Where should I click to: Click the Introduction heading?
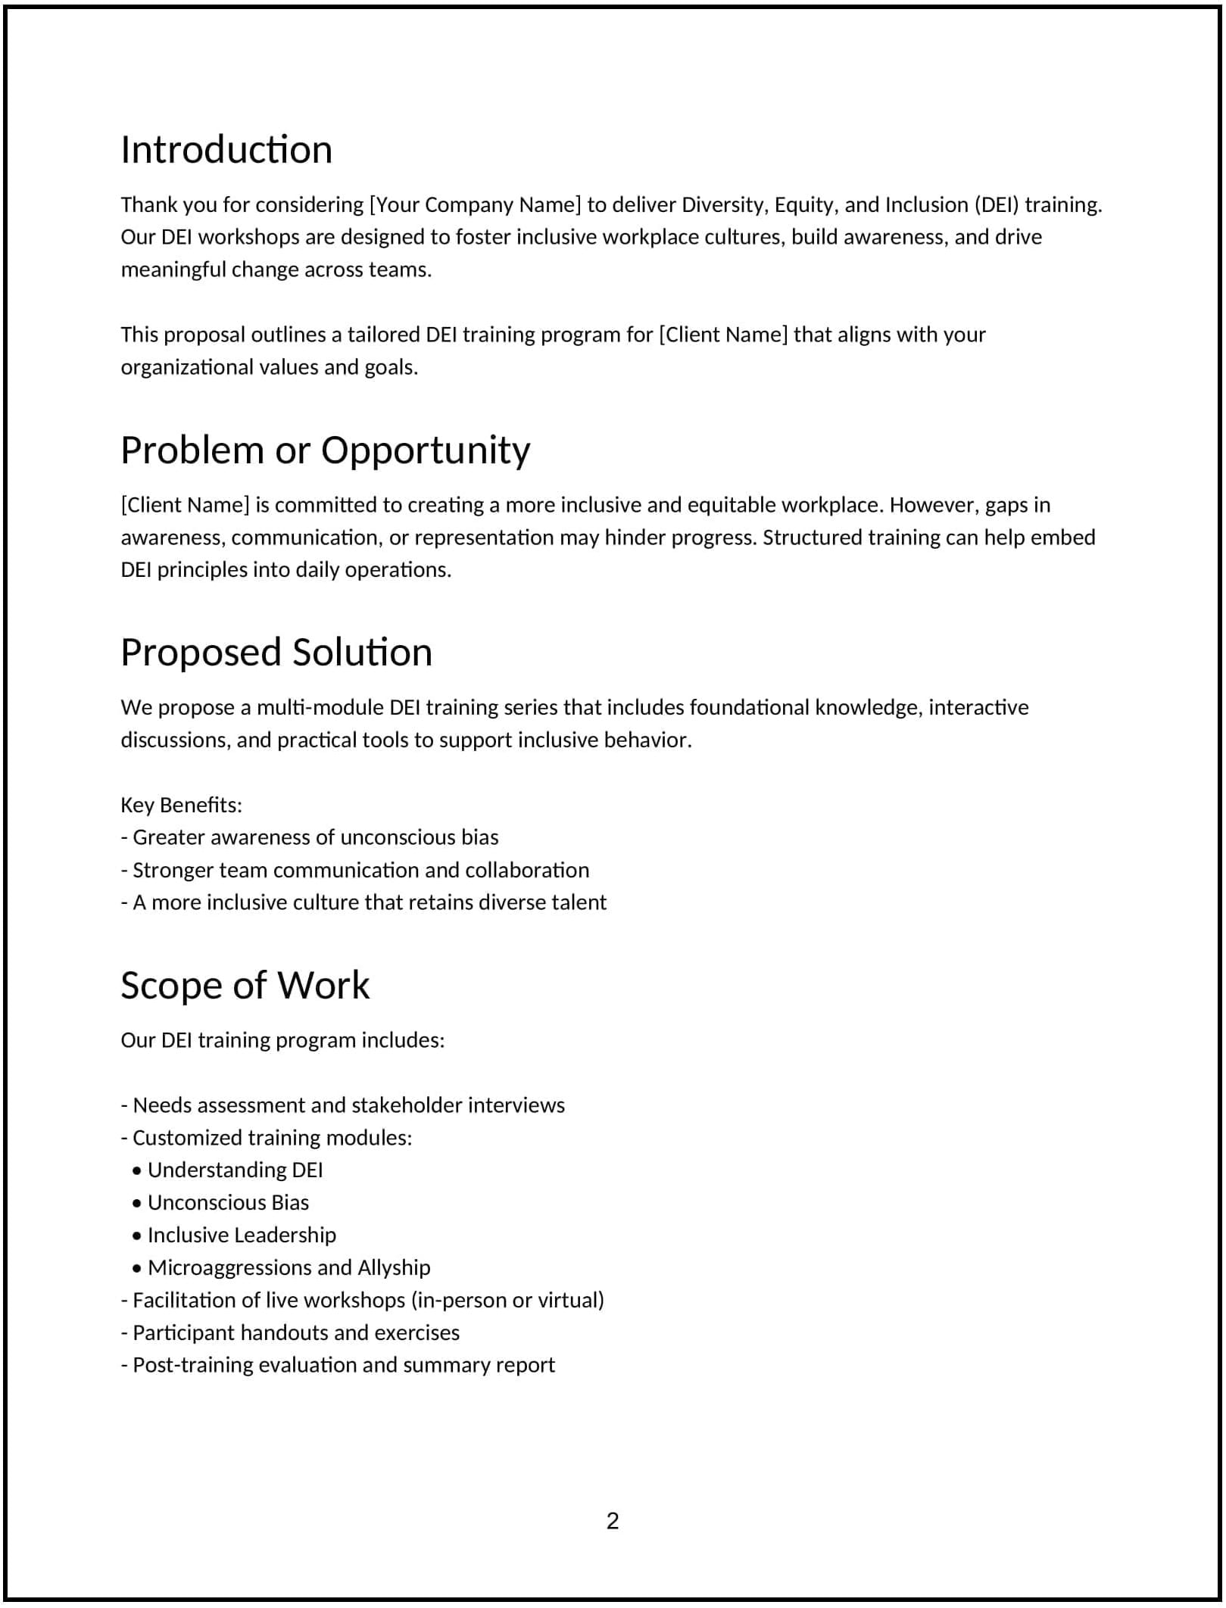tap(226, 149)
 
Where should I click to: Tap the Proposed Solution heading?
tap(276, 652)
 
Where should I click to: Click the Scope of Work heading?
tap(245, 985)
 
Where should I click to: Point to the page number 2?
tap(613, 1521)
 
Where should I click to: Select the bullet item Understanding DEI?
tap(235, 1170)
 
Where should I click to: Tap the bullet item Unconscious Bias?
tap(228, 1202)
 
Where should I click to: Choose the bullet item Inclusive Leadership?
tap(242, 1235)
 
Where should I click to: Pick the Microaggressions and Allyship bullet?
tap(289, 1267)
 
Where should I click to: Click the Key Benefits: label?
tap(181, 805)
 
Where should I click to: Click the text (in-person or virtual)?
tap(507, 1300)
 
